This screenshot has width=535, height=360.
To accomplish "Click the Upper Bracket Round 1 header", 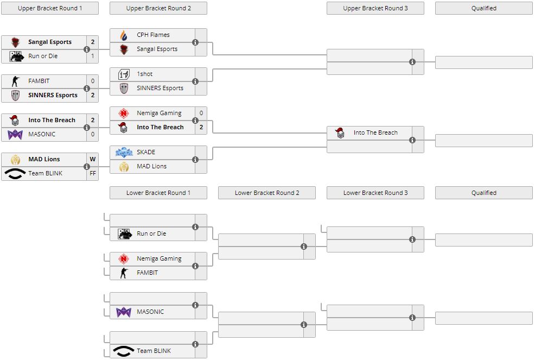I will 50,8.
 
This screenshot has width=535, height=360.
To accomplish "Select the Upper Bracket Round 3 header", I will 375,8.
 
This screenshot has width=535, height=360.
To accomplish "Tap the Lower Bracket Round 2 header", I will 267,193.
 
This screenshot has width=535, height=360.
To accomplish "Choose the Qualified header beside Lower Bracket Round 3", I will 484,193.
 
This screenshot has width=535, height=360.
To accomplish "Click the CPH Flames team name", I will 153,35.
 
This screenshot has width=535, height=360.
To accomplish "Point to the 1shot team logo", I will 124,74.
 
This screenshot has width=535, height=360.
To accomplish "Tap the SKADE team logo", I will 124,153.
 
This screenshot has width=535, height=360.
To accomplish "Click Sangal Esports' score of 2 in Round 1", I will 93,42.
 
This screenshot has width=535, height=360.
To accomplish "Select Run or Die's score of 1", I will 93,56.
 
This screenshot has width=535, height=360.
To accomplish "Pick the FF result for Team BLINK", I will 93,173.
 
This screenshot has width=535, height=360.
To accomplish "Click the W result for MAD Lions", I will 93,159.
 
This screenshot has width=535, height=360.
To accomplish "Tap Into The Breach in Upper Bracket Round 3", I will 375,132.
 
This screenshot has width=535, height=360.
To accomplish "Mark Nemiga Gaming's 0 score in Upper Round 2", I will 201,113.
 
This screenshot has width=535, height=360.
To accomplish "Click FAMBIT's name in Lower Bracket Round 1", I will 147,273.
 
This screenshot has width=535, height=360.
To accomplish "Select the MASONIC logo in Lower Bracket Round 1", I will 124,312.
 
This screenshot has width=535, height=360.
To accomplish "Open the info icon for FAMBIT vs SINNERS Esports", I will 87,88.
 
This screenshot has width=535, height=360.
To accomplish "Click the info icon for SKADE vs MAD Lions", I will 195,160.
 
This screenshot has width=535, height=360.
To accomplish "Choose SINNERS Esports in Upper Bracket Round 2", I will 160,88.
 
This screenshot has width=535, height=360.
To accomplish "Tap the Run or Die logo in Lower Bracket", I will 125,233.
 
